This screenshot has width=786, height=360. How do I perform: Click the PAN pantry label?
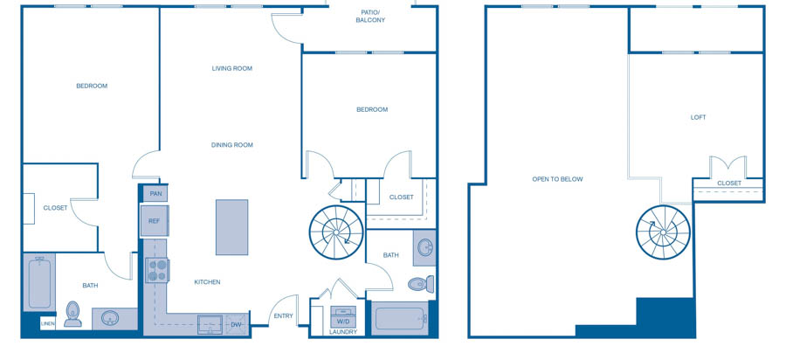(x=156, y=193)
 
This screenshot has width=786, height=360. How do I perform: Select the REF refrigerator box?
(x=155, y=220)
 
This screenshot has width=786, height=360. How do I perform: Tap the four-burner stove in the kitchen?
(x=157, y=270)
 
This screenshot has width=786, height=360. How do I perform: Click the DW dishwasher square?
(x=236, y=324)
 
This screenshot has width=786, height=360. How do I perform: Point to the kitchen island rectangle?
(x=231, y=227)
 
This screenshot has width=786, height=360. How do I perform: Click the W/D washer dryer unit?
(x=343, y=317)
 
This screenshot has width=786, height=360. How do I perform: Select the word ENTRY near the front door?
(x=283, y=316)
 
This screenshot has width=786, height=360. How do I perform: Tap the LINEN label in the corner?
(x=48, y=324)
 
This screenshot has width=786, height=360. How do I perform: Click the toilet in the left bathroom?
(x=73, y=314)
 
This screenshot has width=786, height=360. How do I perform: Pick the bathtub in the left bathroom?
(x=39, y=282)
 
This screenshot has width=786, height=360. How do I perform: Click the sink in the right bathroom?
(x=425, y=247)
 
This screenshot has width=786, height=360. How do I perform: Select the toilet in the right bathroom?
(x=421, y=284)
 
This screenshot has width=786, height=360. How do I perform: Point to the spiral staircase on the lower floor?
(x=336, y=232)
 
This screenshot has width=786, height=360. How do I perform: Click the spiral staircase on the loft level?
(x=663, y=232)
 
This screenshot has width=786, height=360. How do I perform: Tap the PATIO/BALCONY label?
(x=370, y=16)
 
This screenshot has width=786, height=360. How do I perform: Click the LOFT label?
(x=699, y=117)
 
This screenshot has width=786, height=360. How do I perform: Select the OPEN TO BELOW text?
(x=557, y=179)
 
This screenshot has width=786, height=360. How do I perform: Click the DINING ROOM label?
(x=232, y=145)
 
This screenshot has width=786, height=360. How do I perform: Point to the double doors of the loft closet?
(x=728, y=167)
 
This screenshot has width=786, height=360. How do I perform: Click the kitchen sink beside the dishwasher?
(x=210, y=324)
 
